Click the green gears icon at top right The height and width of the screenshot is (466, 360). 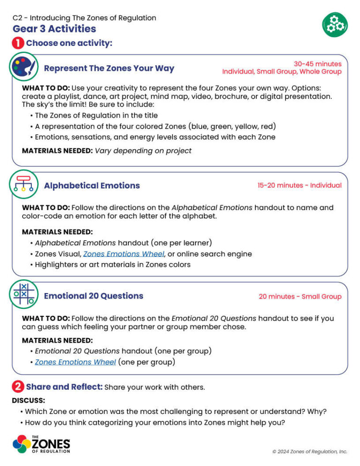[x=335, y=24]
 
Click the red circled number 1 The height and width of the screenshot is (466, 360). [x=18, y=44]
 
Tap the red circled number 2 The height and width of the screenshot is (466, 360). [x=18, y=387]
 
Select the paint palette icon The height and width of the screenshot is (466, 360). [x=23, y=67]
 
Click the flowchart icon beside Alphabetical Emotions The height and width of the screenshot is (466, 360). [x=23, y=185]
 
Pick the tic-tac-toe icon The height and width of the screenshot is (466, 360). [x=23, y=295]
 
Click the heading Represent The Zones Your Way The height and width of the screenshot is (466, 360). [x=109, y=68]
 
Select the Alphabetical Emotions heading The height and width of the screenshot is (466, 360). [x=92, y=186]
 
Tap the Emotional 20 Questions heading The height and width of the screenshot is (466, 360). [x=93, y=296]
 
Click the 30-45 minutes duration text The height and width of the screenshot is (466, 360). [x=317, y=64]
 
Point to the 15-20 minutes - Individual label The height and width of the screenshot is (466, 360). [x=299, y=185]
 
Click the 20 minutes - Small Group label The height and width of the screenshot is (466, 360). [x=300, y=296]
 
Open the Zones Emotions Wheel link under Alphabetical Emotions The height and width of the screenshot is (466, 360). [x=124, y=254]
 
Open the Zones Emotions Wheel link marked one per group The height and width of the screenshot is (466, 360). [x=75, y=362]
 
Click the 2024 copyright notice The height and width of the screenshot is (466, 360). [x=309, y=451]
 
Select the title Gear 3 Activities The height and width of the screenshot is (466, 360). [x=54, y=29]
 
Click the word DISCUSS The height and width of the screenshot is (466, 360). [x=29, y=400]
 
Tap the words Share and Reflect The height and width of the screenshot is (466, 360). [x=64, y=387]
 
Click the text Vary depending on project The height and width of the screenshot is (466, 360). [x=143, y=150]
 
